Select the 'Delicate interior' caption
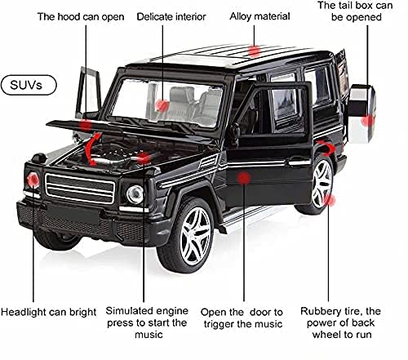171,16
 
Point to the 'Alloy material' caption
260,16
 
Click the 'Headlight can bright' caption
49,312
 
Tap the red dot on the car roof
255,51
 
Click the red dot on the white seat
162,104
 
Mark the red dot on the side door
242,176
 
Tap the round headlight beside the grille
135,193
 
